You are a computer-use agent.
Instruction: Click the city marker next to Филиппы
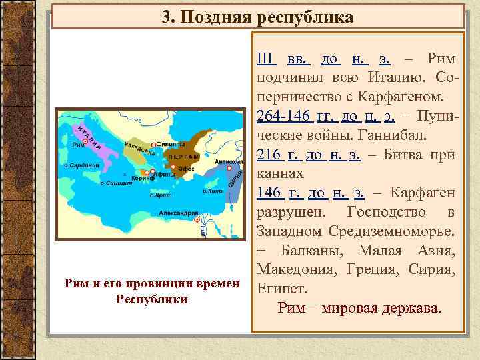155,145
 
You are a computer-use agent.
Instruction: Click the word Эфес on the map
186,169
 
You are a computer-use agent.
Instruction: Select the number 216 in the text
267,155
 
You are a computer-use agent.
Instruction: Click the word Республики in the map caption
152,299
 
